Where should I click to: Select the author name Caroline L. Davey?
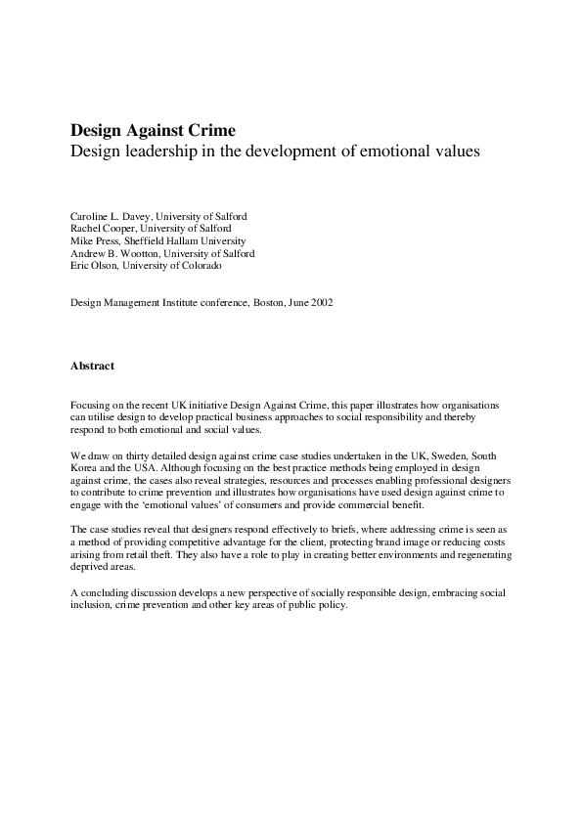point(111,215)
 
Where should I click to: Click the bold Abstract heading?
point(92,367)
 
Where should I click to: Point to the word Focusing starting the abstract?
point(91,405)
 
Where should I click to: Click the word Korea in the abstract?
point(85,469)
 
